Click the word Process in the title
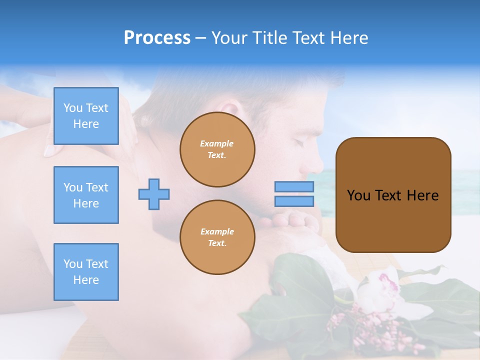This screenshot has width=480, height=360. tap(157, 38)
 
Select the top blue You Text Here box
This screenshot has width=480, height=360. tap(86, 116)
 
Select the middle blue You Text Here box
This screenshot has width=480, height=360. tap(86, 195)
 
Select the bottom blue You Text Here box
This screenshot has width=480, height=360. tap(86, 271)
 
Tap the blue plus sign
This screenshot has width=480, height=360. tap(154, 194)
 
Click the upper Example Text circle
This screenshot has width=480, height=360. tap(217, 149)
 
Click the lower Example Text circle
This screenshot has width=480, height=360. tap(217, 237)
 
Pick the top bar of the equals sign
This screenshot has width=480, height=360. tap(294, 186)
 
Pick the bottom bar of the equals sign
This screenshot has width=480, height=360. tap(294, 201)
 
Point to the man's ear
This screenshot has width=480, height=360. tap(230, 112)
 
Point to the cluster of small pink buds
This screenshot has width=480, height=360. tap(350, 325)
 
